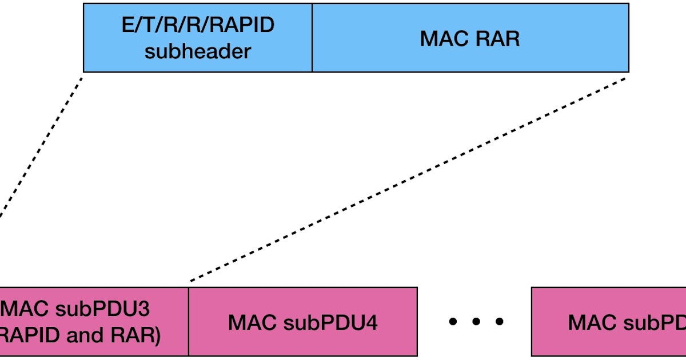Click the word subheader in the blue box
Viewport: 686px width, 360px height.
pyautogui.click(x=198, y=51)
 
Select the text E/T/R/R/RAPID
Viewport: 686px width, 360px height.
pyautogui.click(x=198, y=25)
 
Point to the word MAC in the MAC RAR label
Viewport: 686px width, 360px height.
pyautogui.click(x=443, y=38)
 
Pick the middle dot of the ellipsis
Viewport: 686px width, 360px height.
pyautogui.click(x=477, y=322)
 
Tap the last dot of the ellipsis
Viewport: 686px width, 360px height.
pyautogui.click(x=500, y=322)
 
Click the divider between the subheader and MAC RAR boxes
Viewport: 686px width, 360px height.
pyautogui.click(x=312, y=38)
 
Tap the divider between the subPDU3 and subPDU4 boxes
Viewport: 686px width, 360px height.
pyautogui.click(x=189, y=322)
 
